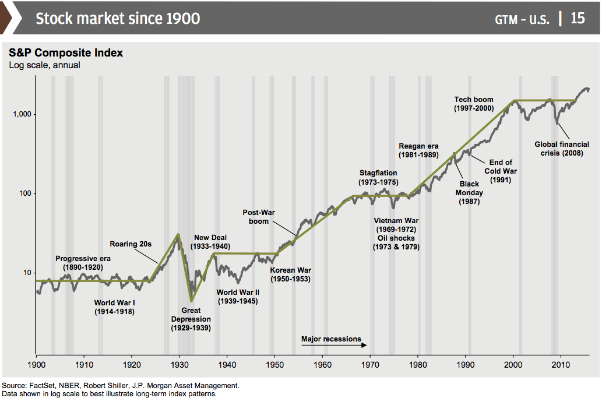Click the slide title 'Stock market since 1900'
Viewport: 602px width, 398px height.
point(118,18)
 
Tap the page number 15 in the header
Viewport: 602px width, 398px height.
point(578,18)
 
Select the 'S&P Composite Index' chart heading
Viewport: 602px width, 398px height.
point(66,53)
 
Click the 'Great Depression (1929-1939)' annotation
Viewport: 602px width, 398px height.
point(191,319)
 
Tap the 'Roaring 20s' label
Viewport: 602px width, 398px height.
point(131,244)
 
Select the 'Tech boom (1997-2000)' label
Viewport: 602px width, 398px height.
point(474,104)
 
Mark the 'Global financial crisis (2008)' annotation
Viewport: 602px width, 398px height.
point(562,149)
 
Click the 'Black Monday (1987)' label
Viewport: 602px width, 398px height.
point(469,193)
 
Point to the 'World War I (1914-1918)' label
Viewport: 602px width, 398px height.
point(114,307)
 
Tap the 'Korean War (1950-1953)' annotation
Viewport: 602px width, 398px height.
point(290,274)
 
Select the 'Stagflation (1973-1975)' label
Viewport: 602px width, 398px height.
point(378,178)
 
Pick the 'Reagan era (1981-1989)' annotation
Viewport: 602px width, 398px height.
point(418,151)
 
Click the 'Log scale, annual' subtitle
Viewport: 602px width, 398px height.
point(44,65)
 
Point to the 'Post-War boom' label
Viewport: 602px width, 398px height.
point(259,217)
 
